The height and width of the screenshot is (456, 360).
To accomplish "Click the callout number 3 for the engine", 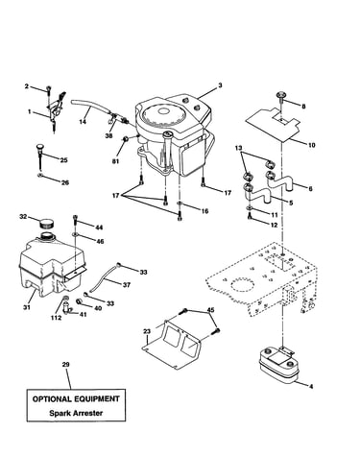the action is tap(220, 85).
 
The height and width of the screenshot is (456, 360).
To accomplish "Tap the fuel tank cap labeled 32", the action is tap(47, 222).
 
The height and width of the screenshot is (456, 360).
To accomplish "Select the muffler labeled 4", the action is tap(277, 366).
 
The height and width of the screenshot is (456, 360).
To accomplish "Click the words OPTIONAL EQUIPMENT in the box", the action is tap(76, 399).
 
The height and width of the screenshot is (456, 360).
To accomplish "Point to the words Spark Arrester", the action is tap(76, 413).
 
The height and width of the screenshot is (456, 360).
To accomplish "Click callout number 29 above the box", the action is tap(66, 365).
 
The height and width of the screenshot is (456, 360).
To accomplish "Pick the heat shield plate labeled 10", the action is tap(273, 124).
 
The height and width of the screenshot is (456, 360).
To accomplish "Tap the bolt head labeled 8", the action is tap(280, 94).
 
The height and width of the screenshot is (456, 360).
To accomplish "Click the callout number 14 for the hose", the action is tap(83, 122).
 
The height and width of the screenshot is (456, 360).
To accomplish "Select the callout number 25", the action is tap(63, 160).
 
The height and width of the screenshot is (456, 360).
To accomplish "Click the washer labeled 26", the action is tap(40, 175).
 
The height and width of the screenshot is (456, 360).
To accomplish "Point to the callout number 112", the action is tap(56, 318).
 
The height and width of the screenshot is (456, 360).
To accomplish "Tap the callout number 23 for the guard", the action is tap(147, 331).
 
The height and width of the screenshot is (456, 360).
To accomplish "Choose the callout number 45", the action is tap(210, 310).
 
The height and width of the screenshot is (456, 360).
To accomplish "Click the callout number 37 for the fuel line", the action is tap(127, 285).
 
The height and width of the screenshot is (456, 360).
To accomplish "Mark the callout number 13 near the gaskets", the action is tap(238, 148).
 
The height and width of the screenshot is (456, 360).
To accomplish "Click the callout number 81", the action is tap(115, 161).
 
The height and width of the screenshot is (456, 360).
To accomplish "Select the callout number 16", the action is tap(204, 211).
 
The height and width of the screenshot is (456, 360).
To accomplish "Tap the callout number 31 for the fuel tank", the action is tap(27, 307).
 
